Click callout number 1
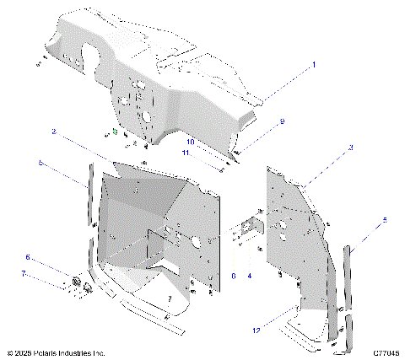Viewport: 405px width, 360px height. [314, 64]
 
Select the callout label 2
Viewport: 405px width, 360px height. [54, 132]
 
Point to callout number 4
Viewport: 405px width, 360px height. [249, 275]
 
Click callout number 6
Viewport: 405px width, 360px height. [27, 257]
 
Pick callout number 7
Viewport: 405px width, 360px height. [24, 274]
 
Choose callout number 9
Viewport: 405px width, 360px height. [282, 121]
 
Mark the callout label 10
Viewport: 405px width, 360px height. [191, 142]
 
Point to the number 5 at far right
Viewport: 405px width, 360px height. [386, 220]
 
